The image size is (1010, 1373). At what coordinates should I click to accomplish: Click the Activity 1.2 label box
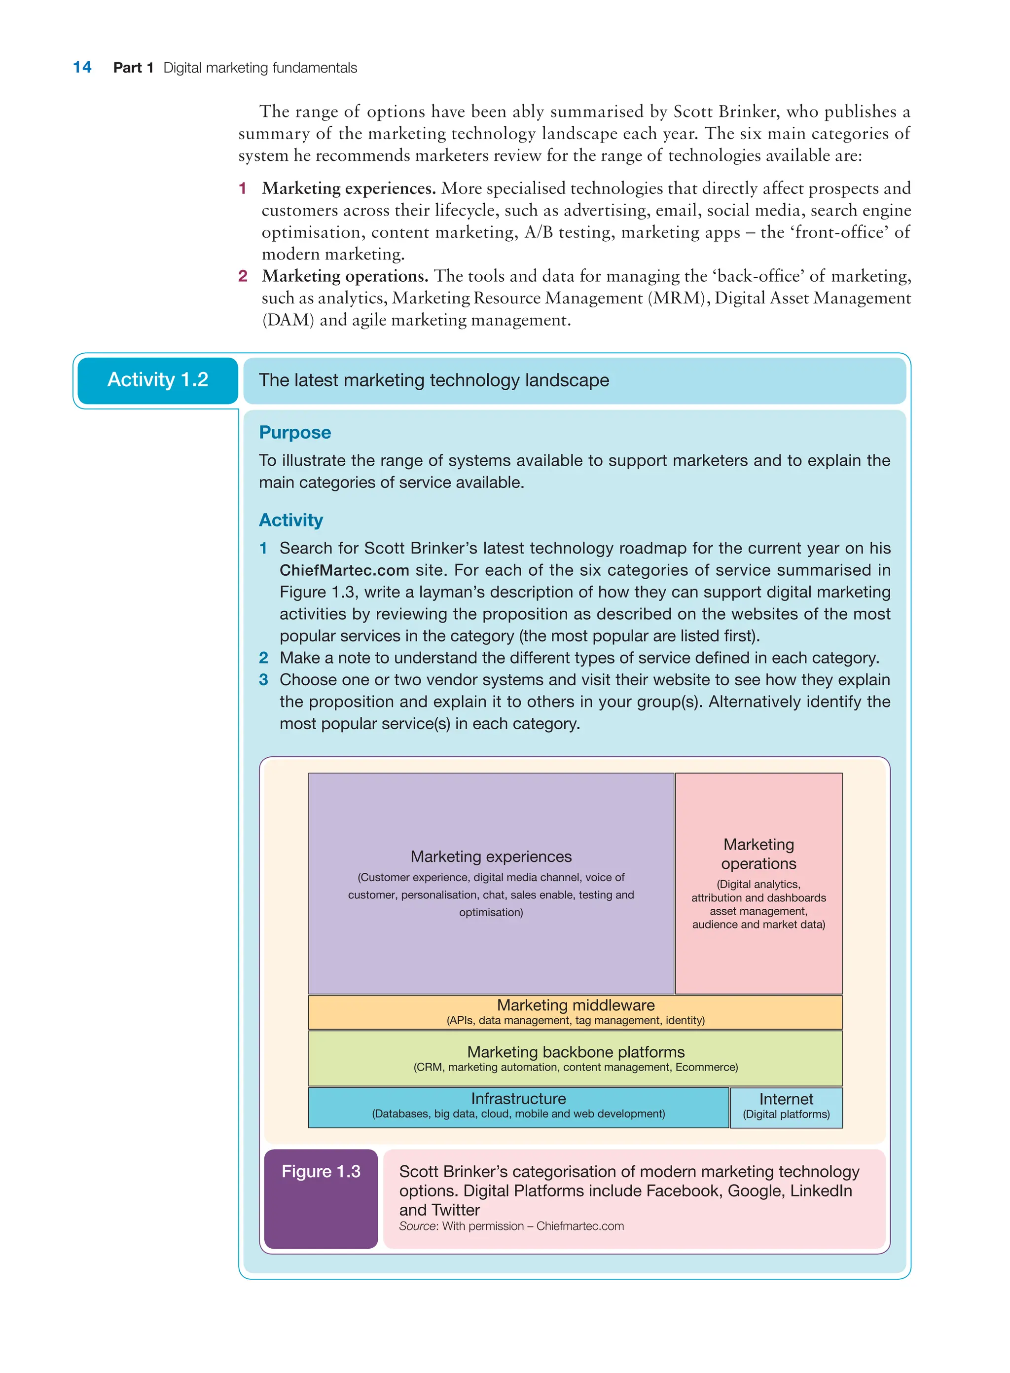tap(158, 380)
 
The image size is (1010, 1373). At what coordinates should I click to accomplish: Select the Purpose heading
tap(295, 432)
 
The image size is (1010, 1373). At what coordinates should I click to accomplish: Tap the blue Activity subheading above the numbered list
tap(291, 520)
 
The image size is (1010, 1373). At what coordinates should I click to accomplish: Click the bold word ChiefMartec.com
tap(344, 570)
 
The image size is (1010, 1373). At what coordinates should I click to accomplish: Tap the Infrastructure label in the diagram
tap(518, 1098)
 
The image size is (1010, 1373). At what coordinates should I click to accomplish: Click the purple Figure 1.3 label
tap(321, 1171)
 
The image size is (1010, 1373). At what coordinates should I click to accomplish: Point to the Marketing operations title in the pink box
tap(758, 854)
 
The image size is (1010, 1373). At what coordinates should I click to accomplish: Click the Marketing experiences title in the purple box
tap(491, 856)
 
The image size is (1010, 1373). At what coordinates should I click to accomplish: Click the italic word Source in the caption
tap(418, 1225)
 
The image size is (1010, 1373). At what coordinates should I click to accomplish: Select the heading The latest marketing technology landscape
tap(433, 380)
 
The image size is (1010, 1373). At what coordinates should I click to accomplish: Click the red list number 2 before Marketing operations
tap(243, 276)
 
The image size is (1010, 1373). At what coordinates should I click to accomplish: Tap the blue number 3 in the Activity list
tap(263, 679)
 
